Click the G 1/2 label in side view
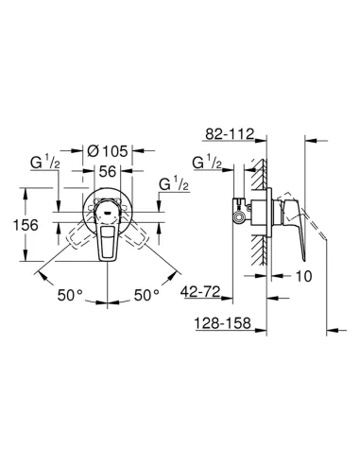206,164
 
